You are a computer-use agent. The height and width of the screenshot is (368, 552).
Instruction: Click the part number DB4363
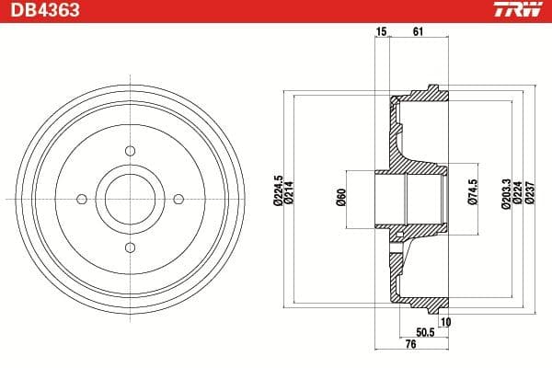point(39,12)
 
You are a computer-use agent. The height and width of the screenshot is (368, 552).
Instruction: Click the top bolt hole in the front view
point(130,150)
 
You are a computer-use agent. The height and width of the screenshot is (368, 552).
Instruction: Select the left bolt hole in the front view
point(81,198)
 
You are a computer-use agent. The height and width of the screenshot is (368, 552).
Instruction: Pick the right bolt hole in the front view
point(178,198)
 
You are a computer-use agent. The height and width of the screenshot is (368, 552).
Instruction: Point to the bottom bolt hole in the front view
point(130,247)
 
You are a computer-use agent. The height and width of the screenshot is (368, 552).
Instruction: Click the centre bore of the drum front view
point(130,198)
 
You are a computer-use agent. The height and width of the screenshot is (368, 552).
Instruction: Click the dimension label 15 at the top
point(381,32)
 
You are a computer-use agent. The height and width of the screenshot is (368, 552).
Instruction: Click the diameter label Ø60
point(340,197)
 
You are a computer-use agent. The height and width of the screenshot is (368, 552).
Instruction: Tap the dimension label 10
point(445,321)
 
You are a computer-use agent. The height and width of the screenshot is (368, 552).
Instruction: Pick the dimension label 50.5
point(425,331)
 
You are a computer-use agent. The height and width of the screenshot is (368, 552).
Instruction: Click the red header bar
point(276,11)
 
